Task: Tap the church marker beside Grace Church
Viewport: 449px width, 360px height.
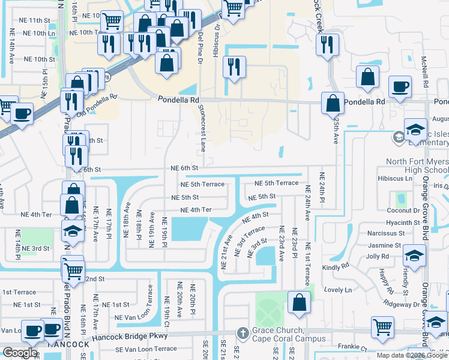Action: (x=242, y=332)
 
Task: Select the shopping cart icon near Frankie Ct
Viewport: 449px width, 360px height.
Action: (x=382, y=327)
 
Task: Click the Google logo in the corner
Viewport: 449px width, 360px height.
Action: (x=19, y=353)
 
